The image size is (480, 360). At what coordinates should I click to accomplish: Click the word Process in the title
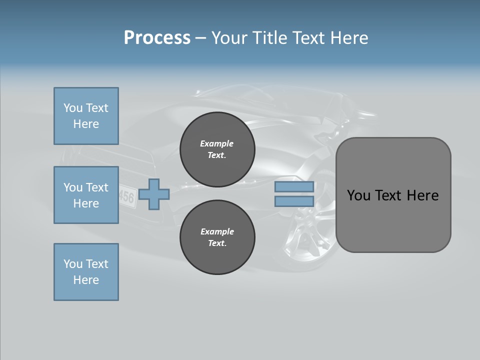[x=157, y=38]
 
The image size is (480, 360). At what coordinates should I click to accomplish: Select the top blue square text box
[x=86, y=116]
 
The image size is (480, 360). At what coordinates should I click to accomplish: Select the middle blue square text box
[x=86, y=195]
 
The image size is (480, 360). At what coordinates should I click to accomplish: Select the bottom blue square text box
[x=86, y=272]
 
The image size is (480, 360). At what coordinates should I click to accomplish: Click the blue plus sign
[x=154, y=194]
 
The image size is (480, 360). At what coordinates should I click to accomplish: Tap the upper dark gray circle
[x=217, y=149]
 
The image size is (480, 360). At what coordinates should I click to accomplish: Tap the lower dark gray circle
[x=217, y=237]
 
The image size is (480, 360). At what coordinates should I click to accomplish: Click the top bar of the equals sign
[x=294, y=187]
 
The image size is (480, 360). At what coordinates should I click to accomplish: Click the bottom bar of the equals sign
[x=294, y=201]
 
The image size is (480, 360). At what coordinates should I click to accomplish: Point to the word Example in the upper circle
[x=217, y=143]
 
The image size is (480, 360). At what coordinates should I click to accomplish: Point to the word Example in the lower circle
[x=217, y=231]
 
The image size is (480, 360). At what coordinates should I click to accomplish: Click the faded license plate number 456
[x=126, y=196]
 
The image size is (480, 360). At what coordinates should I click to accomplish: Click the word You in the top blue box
[x=73, y=108]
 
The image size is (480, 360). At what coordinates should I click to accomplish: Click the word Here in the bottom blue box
[x=86, y=280]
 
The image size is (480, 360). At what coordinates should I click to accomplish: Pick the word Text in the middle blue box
[x=96, y=187]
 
